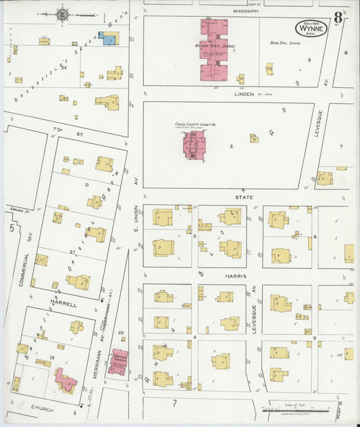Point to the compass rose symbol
pyautogui.click(x=63, y=14)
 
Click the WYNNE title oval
pyautogui.click(x=311, y=29)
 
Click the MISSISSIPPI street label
pyautogui.click(x=247, y=11)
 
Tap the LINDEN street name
pyautogui.click(x=243, y=94)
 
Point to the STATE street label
pyautogui.click(x=245, y=197)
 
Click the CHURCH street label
pyautogui.click(x=42, y=409)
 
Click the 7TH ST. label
pyautogui.click(x=65, y=128)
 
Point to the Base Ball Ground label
pyautogui.click(x=285, y=43)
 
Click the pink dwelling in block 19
pyautogui.click(x=66, y=380)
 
